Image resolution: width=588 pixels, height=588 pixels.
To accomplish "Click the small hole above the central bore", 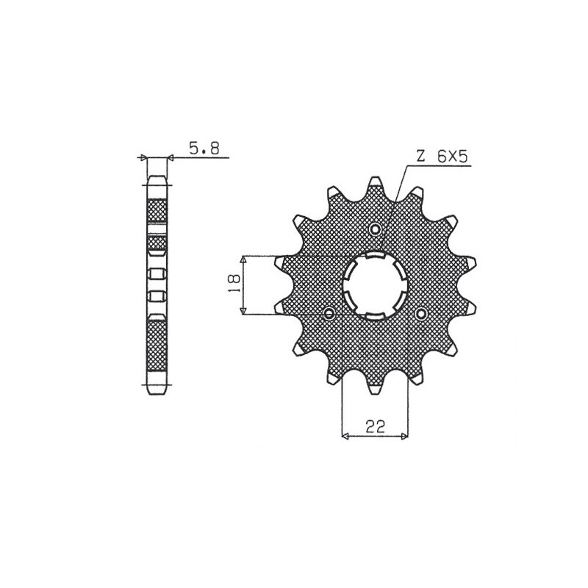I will tap(376, 230).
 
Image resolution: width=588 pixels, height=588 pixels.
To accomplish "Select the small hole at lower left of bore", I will tap(329, 314).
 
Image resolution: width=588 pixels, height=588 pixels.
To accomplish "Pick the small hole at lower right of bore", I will tap(421, 314).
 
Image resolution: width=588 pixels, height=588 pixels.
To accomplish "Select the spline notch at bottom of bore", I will tap(376, 316).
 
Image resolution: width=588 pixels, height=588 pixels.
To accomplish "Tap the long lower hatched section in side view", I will tap(157, 345).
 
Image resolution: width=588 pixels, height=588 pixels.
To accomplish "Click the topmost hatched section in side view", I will tap(157, 212).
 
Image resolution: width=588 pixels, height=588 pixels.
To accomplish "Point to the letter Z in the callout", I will tap(420, 157).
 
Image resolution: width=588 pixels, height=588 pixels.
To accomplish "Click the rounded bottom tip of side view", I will tap(157, 392).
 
